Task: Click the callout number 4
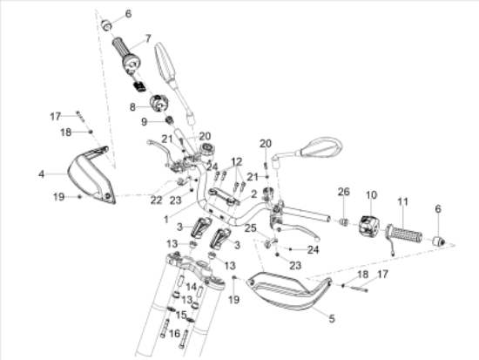point(40,174)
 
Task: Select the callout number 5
point(331,319)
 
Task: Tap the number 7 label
point(147,38)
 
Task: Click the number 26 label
point(343,193)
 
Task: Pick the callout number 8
point(133,106)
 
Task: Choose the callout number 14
point(191,285)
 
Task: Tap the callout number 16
point(174,332)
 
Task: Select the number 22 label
point(156,200)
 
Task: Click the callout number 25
point(251,228)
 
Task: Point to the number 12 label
point(235,162)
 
